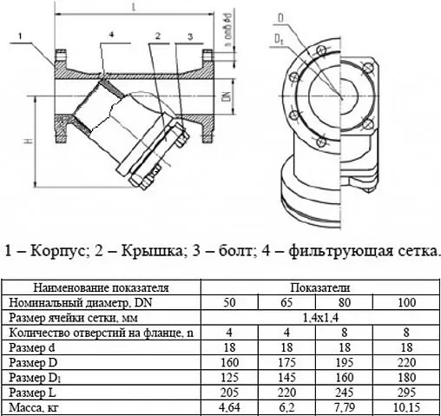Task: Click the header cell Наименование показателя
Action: pyautogui.click(x=102, y=287)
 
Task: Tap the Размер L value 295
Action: pyautogui.click(x=405, y=393)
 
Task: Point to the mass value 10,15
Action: pyautogui.click(x=405, y=407)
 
